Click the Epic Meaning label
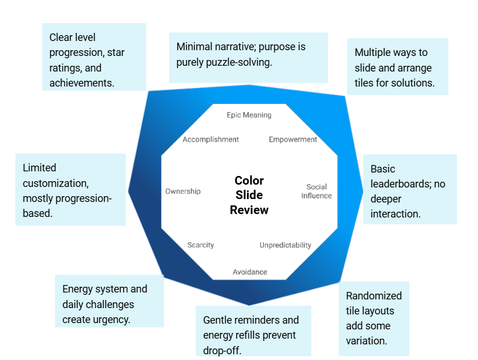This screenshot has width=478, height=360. coord(249,115)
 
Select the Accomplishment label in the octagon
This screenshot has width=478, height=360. coord(211,139)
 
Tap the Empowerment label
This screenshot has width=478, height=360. coord(293,139)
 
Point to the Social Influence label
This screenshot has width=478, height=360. coord(316,191)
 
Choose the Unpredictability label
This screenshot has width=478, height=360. coord(285,245)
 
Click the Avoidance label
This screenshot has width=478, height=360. coord(250,272)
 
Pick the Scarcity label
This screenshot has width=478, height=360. coord(200,245)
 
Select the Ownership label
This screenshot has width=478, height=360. coord(183,191)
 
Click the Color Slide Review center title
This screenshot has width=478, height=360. coord(249,195)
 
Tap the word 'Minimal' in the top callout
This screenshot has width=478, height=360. coord(195,47)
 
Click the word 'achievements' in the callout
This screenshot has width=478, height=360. coord(81,82)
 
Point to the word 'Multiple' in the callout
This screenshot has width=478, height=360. coord(373,52)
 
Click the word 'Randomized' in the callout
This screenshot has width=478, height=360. coord(374,295)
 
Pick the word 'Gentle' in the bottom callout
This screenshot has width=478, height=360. coord(218,320)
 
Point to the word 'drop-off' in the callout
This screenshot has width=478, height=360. coord(222,350)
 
